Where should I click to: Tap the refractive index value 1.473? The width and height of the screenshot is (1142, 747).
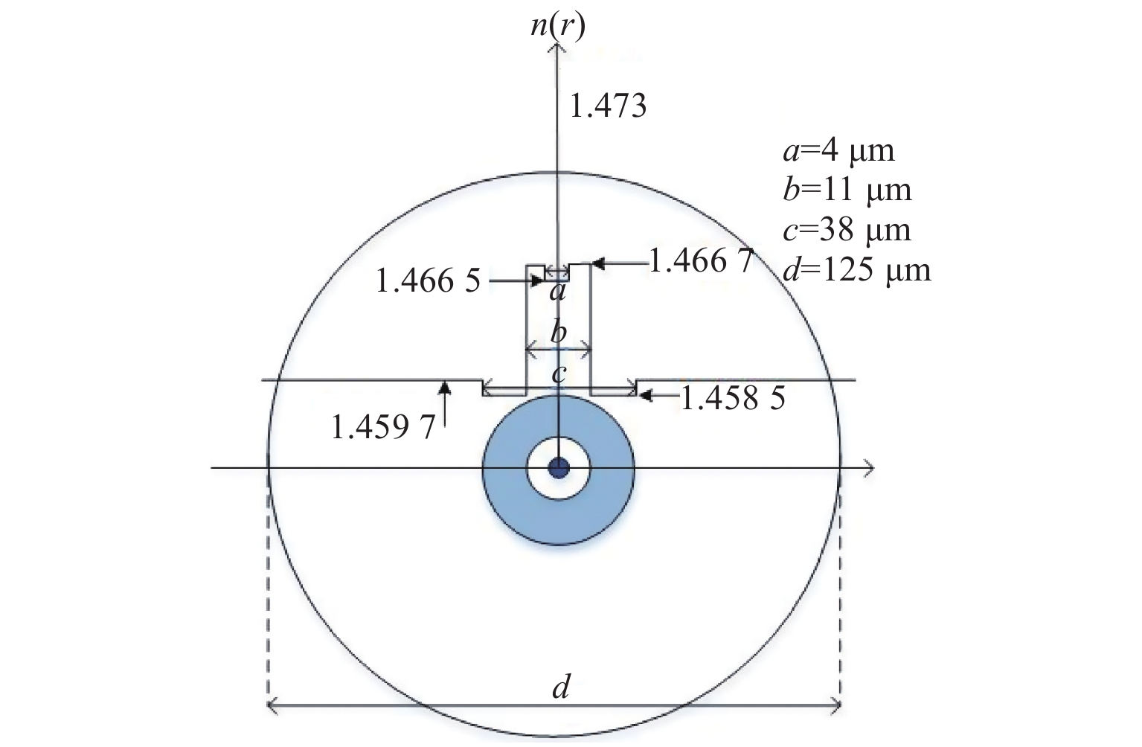tap(608, 106)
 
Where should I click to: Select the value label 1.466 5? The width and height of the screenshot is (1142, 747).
tap(428, 280)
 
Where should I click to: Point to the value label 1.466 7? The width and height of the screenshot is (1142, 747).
tap(702, 261)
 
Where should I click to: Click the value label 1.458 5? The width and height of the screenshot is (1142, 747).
tap(733, 398)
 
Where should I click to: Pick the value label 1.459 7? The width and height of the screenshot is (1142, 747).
tap(383, 427)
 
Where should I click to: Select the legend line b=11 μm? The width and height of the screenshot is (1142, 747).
tap(847, 190)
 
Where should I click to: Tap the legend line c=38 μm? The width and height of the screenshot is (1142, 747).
tap(847, 230)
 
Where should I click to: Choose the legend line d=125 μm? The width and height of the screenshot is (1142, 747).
tap(856, 270)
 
